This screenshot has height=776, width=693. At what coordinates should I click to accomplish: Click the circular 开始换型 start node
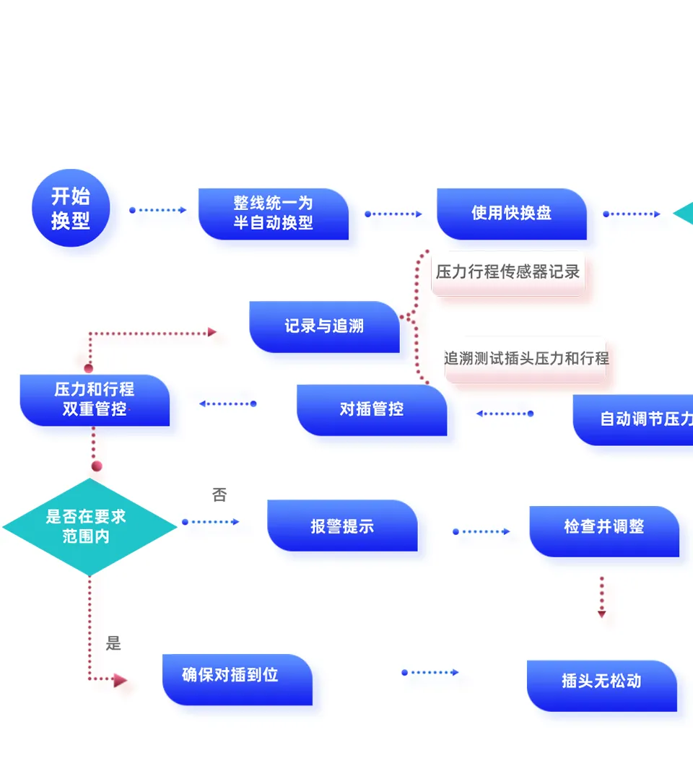tap(71, 209)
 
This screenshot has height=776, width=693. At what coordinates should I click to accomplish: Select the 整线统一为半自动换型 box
tap(273, 214)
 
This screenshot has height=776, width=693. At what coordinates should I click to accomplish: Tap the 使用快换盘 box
tap(511, 214)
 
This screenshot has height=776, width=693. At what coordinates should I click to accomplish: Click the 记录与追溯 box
tap(324, 326)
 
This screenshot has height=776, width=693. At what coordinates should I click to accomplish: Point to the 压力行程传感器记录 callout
tap(507, 272)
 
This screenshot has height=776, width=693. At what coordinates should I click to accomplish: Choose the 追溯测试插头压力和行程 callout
tap(526, 358)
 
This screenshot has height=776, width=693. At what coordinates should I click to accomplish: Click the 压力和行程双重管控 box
tap(95, 399)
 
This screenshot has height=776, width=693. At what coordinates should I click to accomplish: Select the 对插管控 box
tap(371, 409)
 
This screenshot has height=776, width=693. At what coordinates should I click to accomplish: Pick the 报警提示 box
tap(342, 526)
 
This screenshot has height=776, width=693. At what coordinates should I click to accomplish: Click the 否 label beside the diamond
tap(219, 495)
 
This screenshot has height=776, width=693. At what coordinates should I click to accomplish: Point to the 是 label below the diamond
tap(113, 644)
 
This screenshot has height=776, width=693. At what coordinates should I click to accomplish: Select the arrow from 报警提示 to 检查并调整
tap(481, 532)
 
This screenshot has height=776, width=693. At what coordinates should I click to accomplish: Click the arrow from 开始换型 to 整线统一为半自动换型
tap(158, 210)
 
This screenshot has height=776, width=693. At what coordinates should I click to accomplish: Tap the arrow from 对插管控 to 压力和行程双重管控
tap(227, 404)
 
